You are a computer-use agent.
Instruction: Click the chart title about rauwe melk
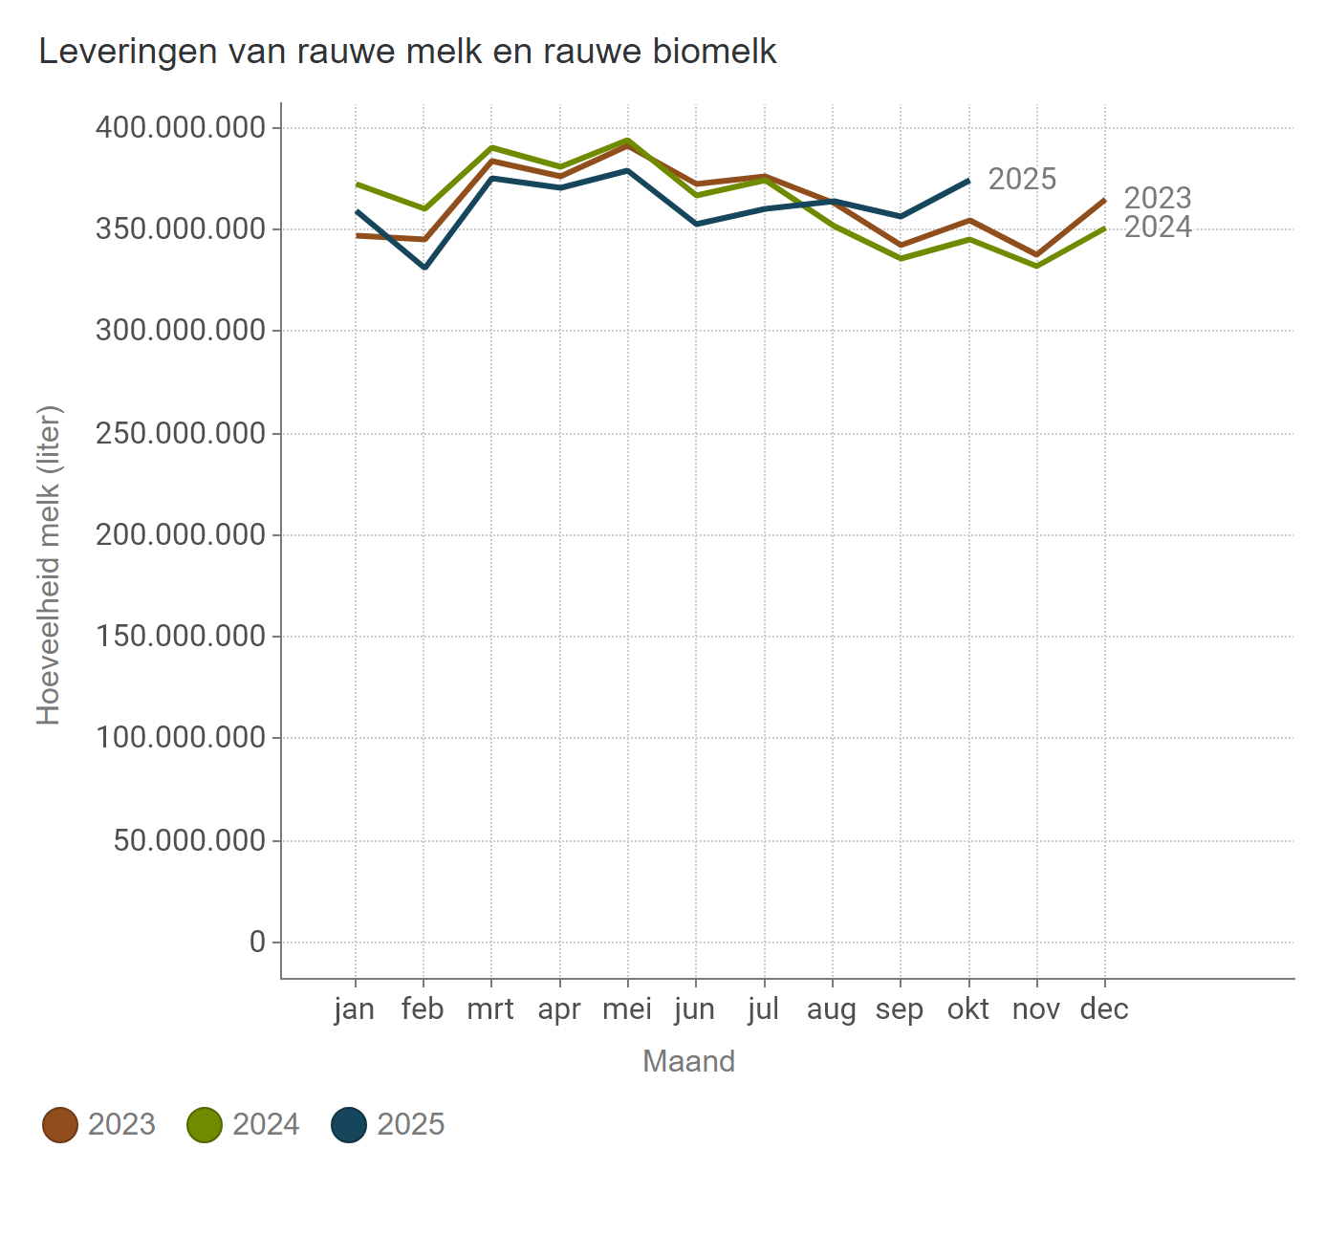pos(407,52)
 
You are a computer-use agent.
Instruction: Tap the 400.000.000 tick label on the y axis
pos(181,127)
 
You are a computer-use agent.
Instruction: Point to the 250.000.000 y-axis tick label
pos(181,433)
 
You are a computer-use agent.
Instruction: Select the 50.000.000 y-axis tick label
pos(189,840)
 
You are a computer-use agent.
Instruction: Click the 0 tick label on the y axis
pos(257,942)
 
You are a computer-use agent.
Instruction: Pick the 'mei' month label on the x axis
pos(627,1009)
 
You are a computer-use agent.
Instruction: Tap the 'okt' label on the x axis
pos(968,1009)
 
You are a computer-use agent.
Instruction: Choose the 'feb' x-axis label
pos(423,1009)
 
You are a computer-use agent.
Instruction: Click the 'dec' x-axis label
pos(1104,1009)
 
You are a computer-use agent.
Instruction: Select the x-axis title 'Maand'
pos(688,1061)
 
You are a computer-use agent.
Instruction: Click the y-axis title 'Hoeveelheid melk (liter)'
pos(49,565)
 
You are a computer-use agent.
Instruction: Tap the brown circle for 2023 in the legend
pos(60,1124)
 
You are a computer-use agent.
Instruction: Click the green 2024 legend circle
pos(205,1124)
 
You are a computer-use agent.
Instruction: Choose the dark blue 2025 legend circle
pos(349,1124)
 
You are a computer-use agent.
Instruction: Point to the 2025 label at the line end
pos(1022,179)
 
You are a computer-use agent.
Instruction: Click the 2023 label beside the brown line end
pos(1158,198)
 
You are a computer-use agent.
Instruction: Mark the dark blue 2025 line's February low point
pos(424,267)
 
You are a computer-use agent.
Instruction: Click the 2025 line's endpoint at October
pos(968,181)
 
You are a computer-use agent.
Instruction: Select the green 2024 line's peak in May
pos(628,141)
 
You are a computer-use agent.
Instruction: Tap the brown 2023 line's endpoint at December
pos(1104,201)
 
